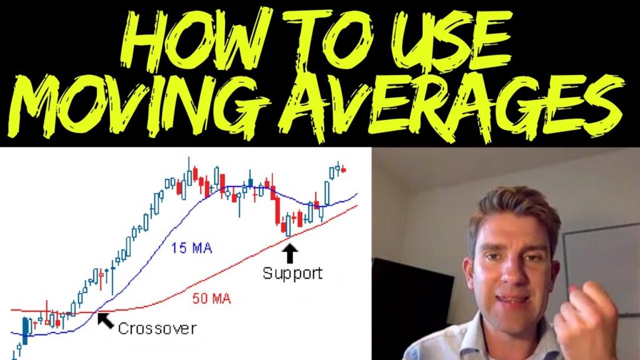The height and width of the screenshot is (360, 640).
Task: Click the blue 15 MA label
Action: (x=191, y=248)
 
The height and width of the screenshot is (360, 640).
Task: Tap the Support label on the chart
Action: (x=292, y=273)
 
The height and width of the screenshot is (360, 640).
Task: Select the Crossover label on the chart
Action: (x=157, y=328)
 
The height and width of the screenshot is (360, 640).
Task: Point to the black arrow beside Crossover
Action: (x=107, y=321)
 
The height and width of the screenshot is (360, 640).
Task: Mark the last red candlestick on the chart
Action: (x=343, y=169)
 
